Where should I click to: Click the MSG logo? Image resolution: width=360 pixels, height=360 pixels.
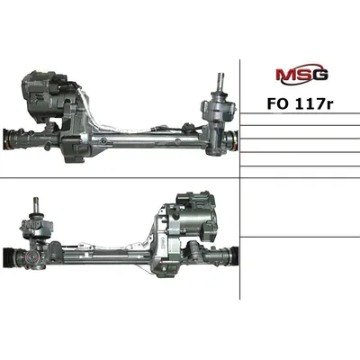coord(301,73)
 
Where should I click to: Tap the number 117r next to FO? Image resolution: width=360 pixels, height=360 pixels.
coord(314,103)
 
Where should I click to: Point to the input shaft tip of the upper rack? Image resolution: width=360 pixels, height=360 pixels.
coord(221,76)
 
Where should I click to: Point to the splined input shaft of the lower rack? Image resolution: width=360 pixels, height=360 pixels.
coord(38,204)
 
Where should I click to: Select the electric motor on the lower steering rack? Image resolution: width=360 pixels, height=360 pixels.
coord(193,217)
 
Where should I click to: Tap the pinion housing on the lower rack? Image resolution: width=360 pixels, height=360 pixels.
coord(36,240)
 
